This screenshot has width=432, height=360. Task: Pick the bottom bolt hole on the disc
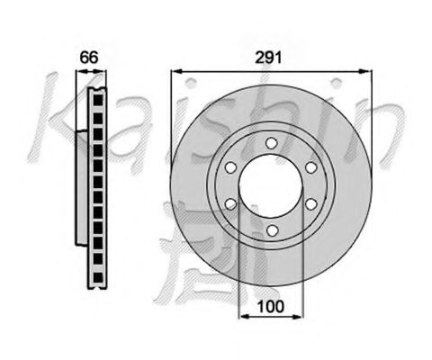(x=271, y=233)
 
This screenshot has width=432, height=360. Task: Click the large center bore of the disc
(x=271, y=186)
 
